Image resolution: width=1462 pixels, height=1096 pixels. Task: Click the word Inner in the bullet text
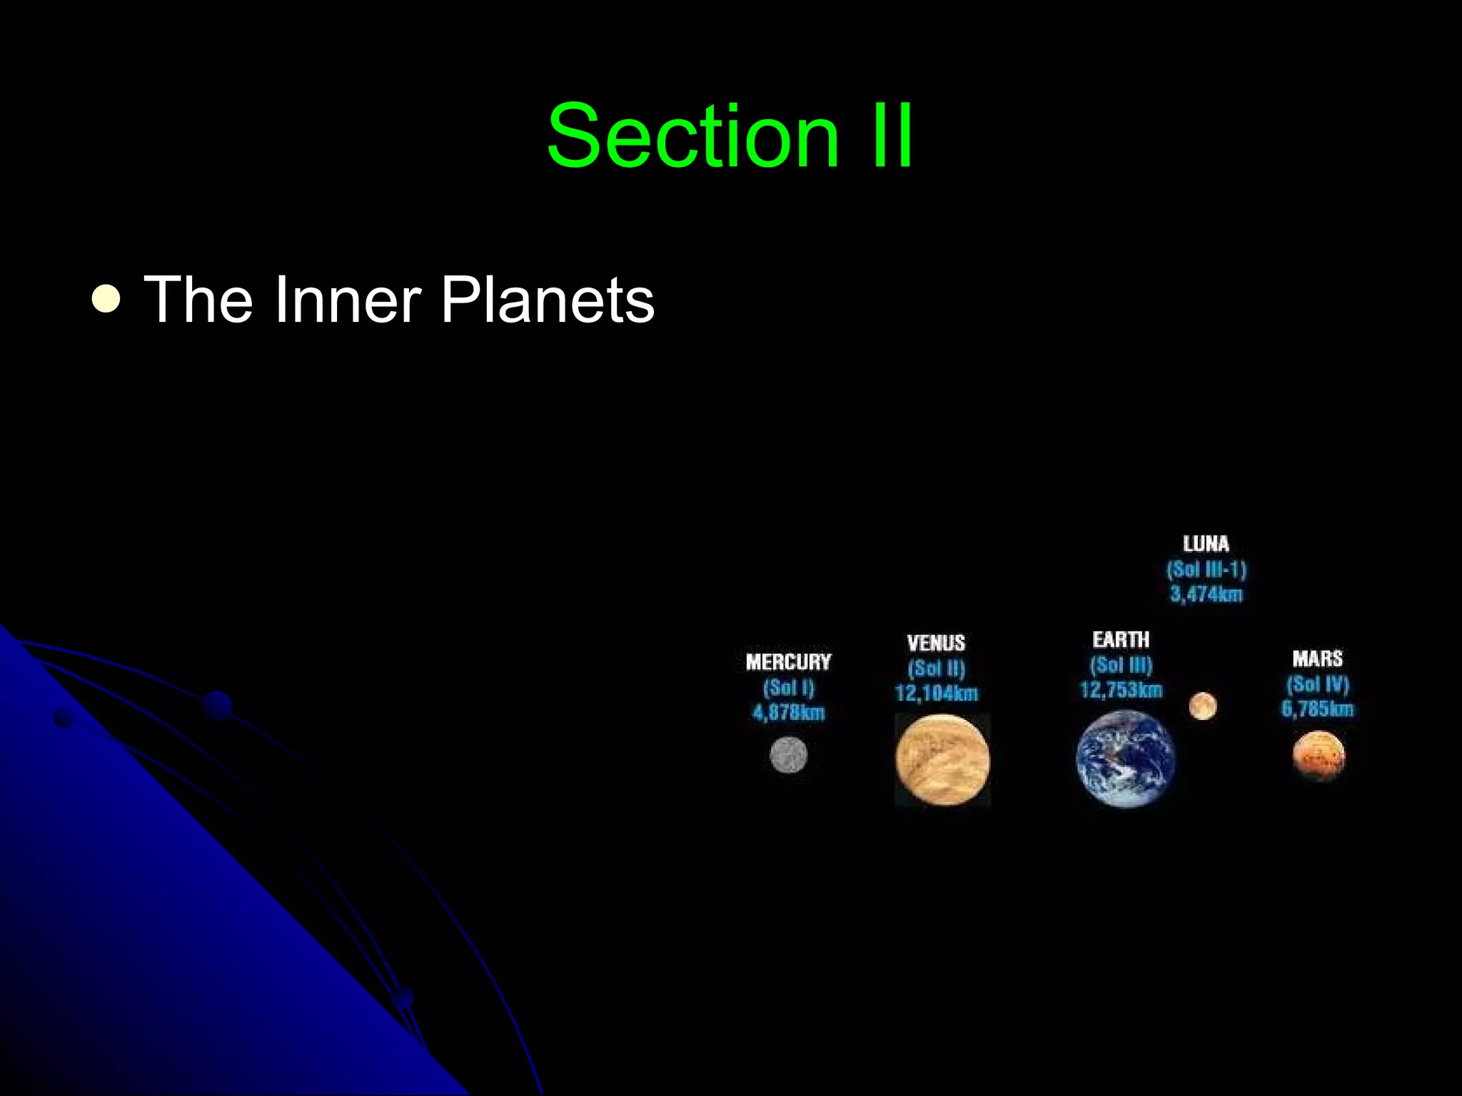click(346, 300)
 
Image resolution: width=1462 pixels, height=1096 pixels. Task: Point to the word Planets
click(548, 300)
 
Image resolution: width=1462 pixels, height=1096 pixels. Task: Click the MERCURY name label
click(788, 662)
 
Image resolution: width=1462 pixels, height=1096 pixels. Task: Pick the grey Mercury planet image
click(788, 755)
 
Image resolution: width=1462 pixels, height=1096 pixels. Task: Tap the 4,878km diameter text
click(788, 712)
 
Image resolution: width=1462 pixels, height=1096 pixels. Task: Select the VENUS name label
click(936, 644)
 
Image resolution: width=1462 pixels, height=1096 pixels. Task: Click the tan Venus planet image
click(942, 760)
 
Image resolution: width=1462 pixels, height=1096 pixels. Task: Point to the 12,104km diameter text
click(936, 693)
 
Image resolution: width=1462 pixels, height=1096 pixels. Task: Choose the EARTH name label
click(1121, 640)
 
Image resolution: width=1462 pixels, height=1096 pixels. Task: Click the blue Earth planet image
click(1125, 759)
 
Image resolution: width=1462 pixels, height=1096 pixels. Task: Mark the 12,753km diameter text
click(1121, 690)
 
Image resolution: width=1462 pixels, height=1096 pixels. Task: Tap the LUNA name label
click(1206, 544)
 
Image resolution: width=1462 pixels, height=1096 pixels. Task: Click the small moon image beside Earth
click(1203, 706)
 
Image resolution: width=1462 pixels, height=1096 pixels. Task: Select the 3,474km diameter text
click(1206, 594)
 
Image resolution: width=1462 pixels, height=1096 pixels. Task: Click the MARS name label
click(1317, 659)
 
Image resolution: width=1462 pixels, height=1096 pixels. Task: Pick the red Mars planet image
click(1319, 756)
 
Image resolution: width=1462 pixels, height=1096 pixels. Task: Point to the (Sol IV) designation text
click(1317, 684)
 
